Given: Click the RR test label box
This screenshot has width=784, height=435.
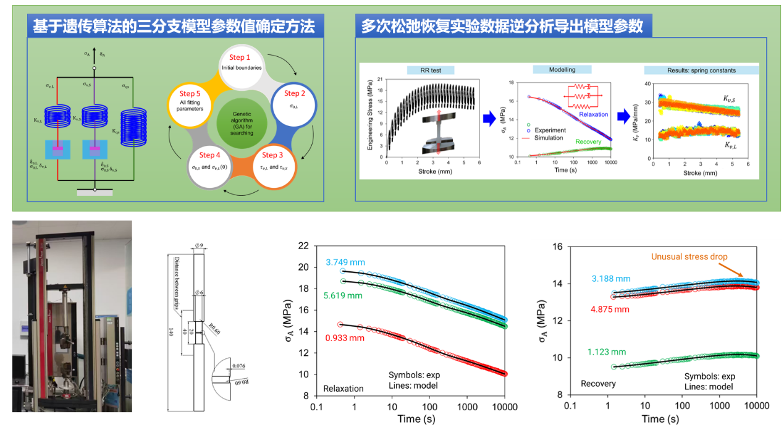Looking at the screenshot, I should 430,70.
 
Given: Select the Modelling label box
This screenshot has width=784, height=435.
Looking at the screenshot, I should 562,70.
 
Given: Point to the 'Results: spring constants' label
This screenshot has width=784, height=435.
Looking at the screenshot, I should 701,70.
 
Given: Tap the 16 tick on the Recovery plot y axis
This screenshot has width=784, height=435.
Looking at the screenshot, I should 556,247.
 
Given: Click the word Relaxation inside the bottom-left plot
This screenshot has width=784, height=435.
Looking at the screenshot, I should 344,388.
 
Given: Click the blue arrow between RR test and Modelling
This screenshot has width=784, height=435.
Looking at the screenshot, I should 489,117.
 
